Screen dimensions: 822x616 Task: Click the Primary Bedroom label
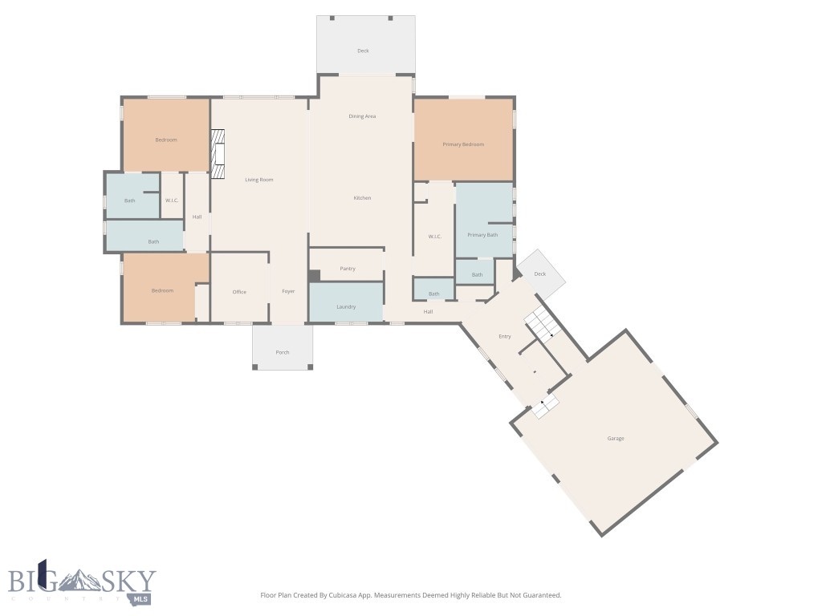(x=463, y=144)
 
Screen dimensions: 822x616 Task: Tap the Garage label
(x=616, y=439)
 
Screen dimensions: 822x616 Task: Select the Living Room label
(x=259, y=180)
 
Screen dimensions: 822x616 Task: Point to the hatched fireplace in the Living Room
(x=218, y=154)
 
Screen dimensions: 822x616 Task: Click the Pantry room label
(x=348, y=269)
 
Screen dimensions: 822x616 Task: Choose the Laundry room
(x=346, y=302)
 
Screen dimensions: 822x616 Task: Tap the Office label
(x=239, y=292)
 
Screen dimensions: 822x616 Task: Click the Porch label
(x=283, y=353)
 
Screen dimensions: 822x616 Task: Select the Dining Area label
(x=362, y=116)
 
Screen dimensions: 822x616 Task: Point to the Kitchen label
(x=362, y=198)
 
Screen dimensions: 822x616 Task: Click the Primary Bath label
(x=482, y=235)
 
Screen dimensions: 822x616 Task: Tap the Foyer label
(x=288, y=291)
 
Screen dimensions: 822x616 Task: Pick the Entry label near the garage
(x=504, y=336)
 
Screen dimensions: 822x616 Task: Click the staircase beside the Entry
(x=543, y=322)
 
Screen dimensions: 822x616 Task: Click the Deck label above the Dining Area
(x=364, y=51)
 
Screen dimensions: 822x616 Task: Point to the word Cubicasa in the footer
(x=344, y=595)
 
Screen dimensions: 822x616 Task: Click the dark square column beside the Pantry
(x=315, y=276)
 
